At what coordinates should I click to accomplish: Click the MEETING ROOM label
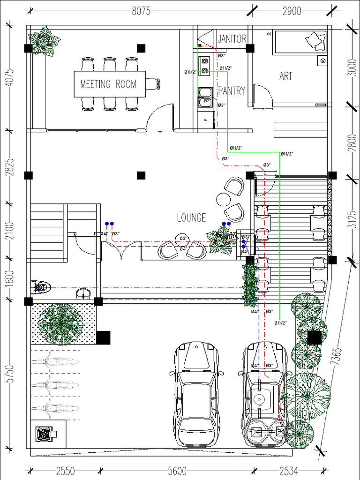[x=108, y=84]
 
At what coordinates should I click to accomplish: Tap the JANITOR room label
[x=232, y=39]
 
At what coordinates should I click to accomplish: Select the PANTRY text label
[x=232, y=90]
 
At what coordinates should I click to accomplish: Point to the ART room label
[x=286, y=76]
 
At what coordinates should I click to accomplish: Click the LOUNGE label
[x=191, y=217]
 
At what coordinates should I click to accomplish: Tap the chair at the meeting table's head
[x=153, y=84]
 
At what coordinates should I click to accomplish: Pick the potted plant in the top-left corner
[x=44, y=40]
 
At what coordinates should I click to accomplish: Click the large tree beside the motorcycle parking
[x=60, y=324]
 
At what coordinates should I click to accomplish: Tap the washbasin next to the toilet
[x=83, y=294]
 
